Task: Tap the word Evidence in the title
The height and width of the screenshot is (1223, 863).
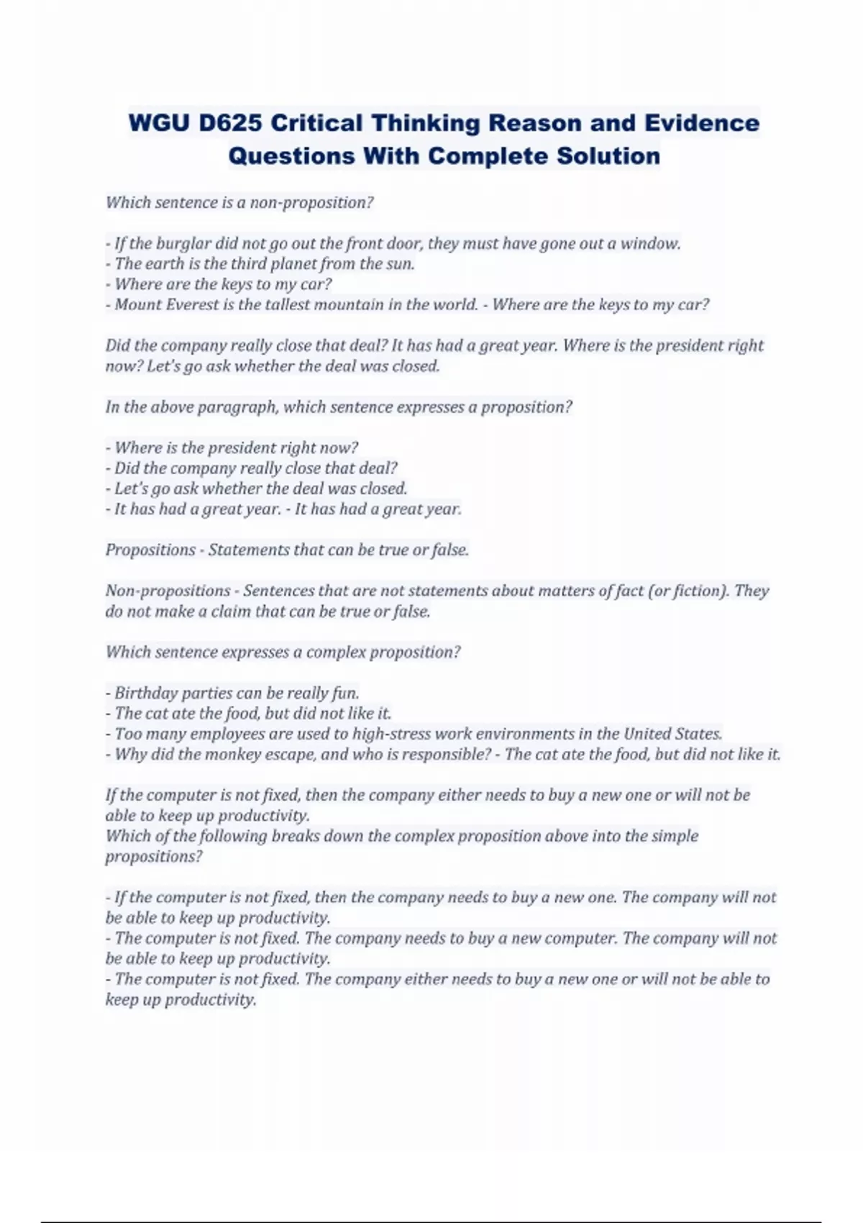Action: tap(702, 123)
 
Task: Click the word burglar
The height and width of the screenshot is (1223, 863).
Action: tap(183, 243)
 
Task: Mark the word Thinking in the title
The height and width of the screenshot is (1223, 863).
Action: tap(426, 123)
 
